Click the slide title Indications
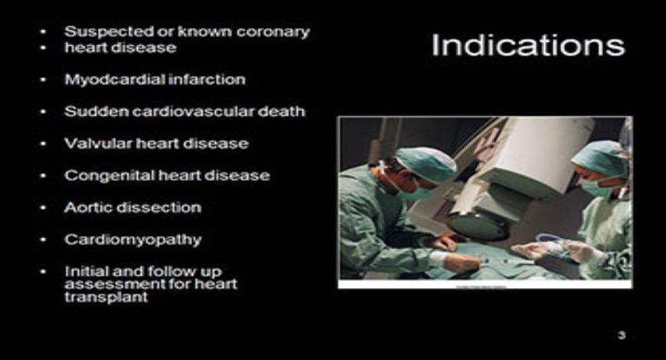[x=527, y=45]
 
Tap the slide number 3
[x=622, y=335]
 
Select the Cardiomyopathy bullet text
[x=132, y=240]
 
